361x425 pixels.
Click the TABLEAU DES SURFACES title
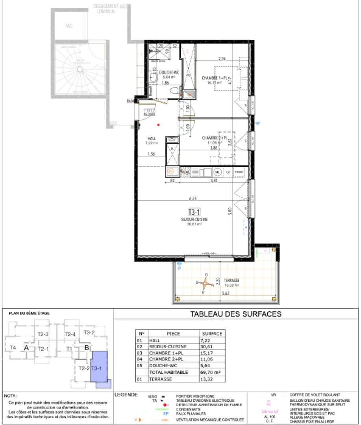click(235, 314)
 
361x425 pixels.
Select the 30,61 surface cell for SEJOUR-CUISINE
click(206, 347)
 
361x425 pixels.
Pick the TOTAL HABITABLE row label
click(163, 372)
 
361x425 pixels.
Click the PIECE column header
click(173, 334)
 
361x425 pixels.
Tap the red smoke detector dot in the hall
click(158, 125)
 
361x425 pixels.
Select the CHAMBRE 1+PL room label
click(215, 78)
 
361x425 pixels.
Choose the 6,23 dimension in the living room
click(193, 199)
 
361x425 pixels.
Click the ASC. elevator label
click(70, 27)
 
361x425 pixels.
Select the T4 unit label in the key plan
click(13, 348)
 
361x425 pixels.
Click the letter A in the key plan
click(26, 348)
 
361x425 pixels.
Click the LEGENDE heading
click(125, 395)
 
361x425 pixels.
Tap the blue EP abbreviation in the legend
click(166, 414)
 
